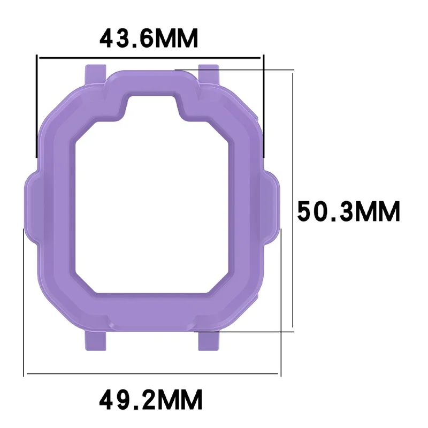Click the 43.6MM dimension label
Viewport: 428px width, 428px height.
(x=149, y=39)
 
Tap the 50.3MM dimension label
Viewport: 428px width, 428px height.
(x=349, y=211)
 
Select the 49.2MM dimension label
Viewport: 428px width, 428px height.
(x=150, y=399)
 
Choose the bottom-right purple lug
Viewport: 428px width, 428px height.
(x=209, y=340)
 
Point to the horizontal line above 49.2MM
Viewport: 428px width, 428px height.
(x=152, y=373)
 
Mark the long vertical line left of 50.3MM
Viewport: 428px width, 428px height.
(x=292, y=201)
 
